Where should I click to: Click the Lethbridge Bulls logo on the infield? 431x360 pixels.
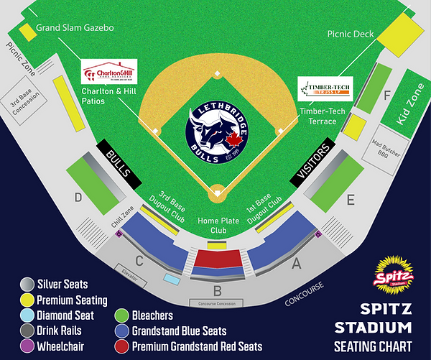(x=216, y=131)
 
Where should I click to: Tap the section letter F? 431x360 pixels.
(x=387, y=95)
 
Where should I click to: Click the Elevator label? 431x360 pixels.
(x=130, y=273)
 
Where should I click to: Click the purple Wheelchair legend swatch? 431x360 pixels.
(x=27, y=346)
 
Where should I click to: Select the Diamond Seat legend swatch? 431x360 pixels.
(x=27, y=315)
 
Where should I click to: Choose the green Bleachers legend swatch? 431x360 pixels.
(x=121, y=315)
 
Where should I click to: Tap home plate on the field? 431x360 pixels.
(x=216, y=193)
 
